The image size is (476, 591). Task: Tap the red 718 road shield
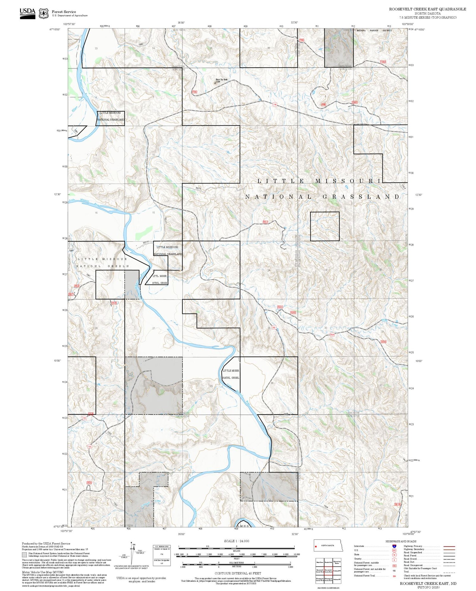(274, 104)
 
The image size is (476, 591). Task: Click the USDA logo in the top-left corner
(28, 13)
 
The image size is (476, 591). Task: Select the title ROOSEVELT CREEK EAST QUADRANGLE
(427, 9)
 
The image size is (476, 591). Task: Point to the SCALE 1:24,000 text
(236, 541)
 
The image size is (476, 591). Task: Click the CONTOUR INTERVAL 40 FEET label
(238, 573)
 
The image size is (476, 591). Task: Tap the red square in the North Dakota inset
(316, 546)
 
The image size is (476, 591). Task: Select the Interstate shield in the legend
(394, 546)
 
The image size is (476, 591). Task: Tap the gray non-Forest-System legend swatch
(24, 554)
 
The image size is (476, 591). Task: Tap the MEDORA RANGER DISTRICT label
(374, 30)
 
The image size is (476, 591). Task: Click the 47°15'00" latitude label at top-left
(55, 30)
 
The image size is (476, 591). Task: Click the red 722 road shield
(84, 418)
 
